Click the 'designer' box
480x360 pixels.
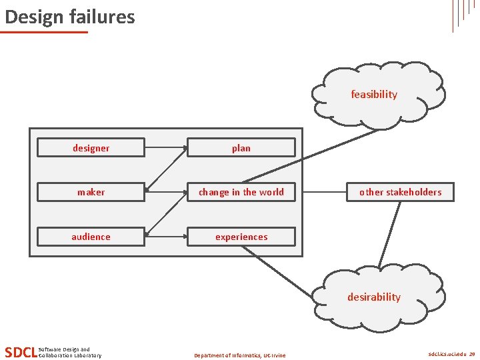point(91,147)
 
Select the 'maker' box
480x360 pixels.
point(91,192)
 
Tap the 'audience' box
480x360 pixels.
point(91,237)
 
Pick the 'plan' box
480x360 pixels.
point(241,147)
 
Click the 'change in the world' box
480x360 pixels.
point(241,192)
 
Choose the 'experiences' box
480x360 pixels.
point(241,237)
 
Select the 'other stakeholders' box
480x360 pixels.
point(400,192)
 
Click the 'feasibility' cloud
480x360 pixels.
point(375,95)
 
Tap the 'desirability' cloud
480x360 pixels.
point(374,297)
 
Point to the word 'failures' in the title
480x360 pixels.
point(99,17)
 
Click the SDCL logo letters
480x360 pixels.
point(20,352)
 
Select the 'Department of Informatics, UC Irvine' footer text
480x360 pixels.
point(239,355)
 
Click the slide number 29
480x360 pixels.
point(472,355)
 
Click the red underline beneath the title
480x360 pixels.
point(45,31)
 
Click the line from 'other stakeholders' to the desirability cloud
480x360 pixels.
point(391,233)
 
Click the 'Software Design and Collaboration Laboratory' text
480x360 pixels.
point(70,352)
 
